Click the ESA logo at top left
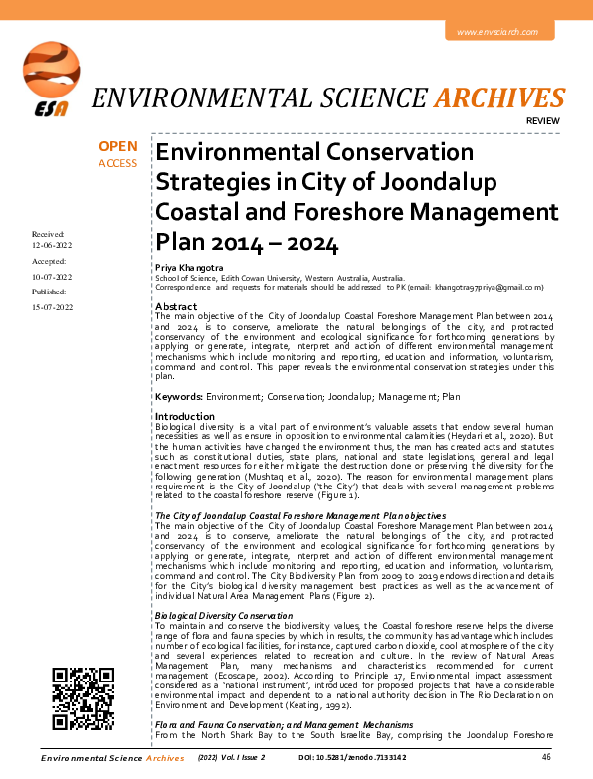coord(48,78)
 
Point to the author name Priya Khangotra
coord(189,269)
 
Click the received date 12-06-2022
coord(52,245)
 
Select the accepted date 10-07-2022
coord(52,277)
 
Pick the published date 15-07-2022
coord(52,308)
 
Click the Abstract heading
coord(175,306)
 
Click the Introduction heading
coord(184,416)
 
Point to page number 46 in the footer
coord(546,758)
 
